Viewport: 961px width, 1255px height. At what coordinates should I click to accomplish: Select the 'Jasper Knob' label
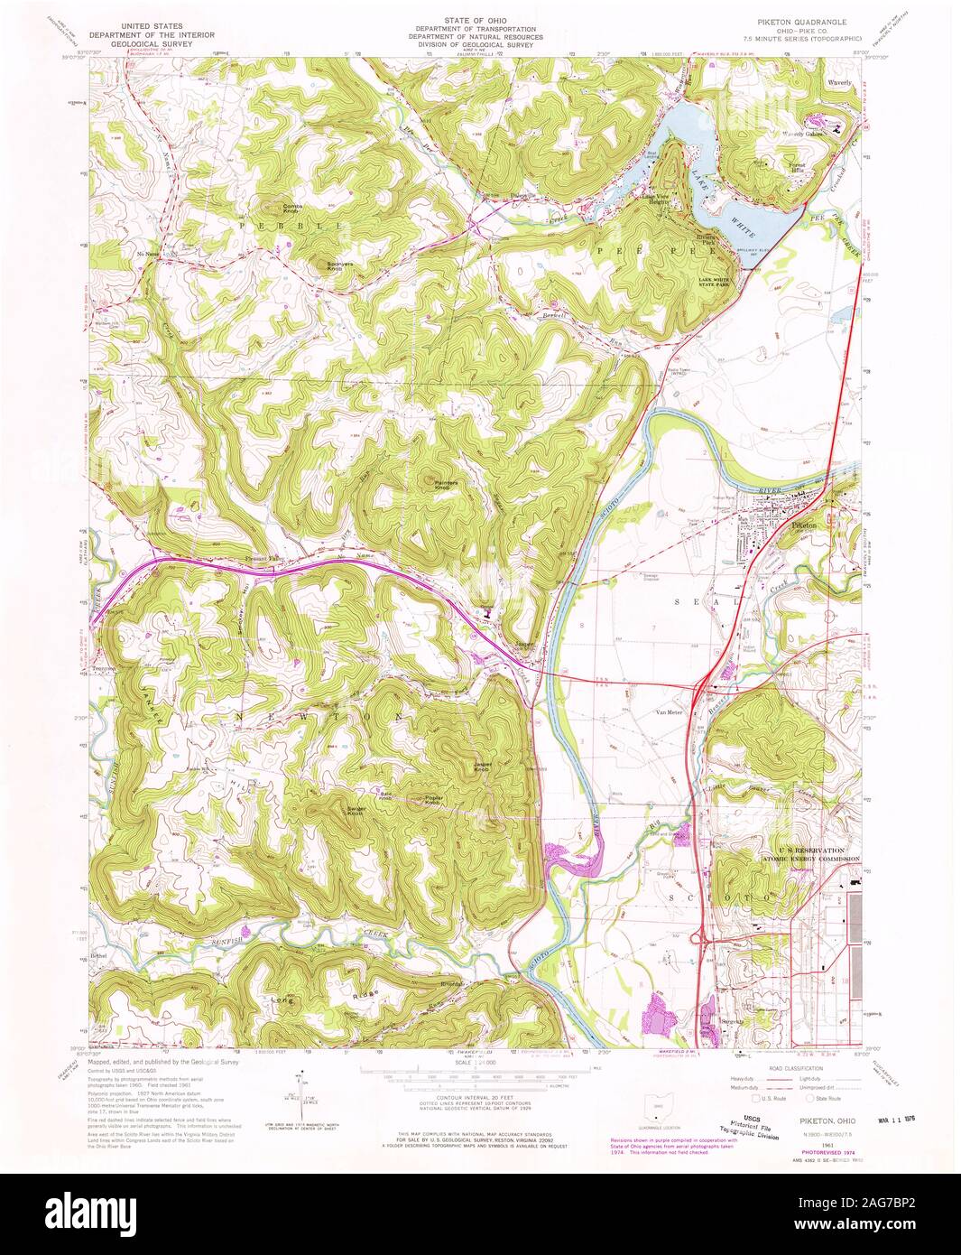(481, 767)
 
